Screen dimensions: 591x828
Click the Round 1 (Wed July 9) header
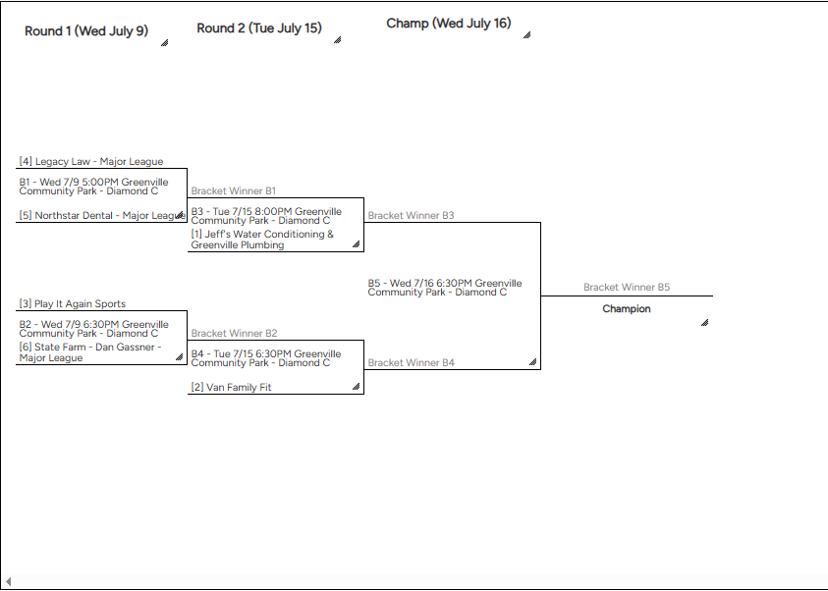click(x=86, y=30)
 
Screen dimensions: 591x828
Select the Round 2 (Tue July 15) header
click(x=259, y=28)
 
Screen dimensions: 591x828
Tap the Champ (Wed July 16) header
click(x=448, y=24)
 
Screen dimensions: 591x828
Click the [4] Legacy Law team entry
click(x=91, y=161)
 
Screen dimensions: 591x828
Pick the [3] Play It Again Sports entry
click(x=73, y=304)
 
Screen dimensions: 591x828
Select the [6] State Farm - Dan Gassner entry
click(x=89, y=353)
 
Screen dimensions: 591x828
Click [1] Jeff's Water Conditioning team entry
click(x=262, y=240)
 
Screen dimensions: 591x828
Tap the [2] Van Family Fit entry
click(x=232, y=388)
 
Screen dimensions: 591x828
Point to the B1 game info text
click(x=93, y=187)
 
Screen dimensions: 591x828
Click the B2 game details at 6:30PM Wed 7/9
click(x=93, y=329)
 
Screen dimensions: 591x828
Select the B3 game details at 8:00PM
click(x=266, y=216)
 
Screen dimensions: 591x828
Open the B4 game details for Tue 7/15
click(x=266, y=358)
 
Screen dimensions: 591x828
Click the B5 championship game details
click(x=444, y=288)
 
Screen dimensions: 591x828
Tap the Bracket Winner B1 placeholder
click(x=234, y=191)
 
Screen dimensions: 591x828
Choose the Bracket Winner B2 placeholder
click(x=234, y=334)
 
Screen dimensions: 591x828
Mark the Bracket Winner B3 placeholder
click(x=411, y=215)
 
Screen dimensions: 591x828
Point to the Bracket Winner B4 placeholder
click(x=411, y=363)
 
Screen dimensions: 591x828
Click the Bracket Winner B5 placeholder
click(x=627, y=288)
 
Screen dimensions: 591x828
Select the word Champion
click(x=627, y=309)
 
